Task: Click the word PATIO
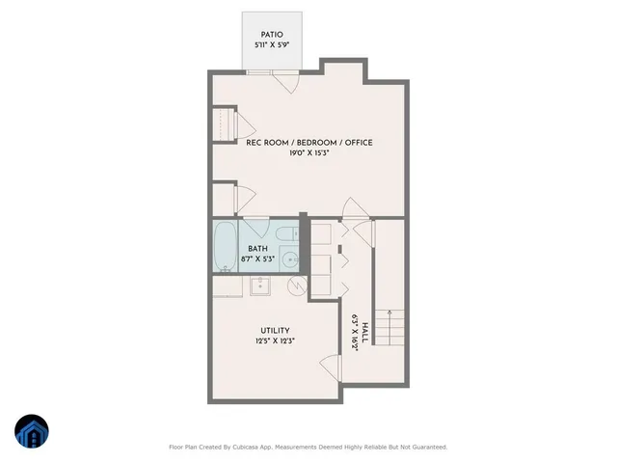click(x=271, y=33)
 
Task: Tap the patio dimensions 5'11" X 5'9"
click(x=271, y=44)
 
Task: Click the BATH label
click(x=256, y=248)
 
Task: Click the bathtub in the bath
click(x=224, y=247)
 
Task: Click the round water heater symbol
click(x=297, y=285)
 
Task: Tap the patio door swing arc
click(x=283, y=83)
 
